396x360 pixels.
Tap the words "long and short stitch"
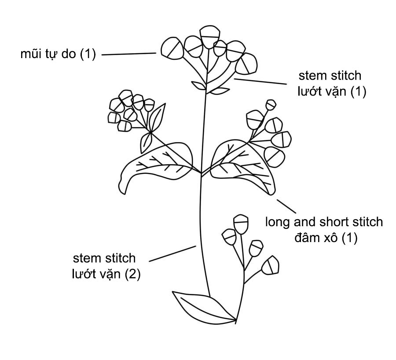(324, 222)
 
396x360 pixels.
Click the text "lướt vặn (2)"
(106, 274)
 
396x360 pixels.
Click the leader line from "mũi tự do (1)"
(129, 54)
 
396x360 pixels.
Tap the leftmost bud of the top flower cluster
(170, 48)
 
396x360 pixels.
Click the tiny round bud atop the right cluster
(271, 105)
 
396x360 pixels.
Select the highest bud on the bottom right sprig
(240, 224)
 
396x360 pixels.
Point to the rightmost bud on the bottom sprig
(271, 266)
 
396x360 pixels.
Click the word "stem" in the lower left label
(85, 257)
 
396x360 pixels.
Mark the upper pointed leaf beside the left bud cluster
(157, 116)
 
